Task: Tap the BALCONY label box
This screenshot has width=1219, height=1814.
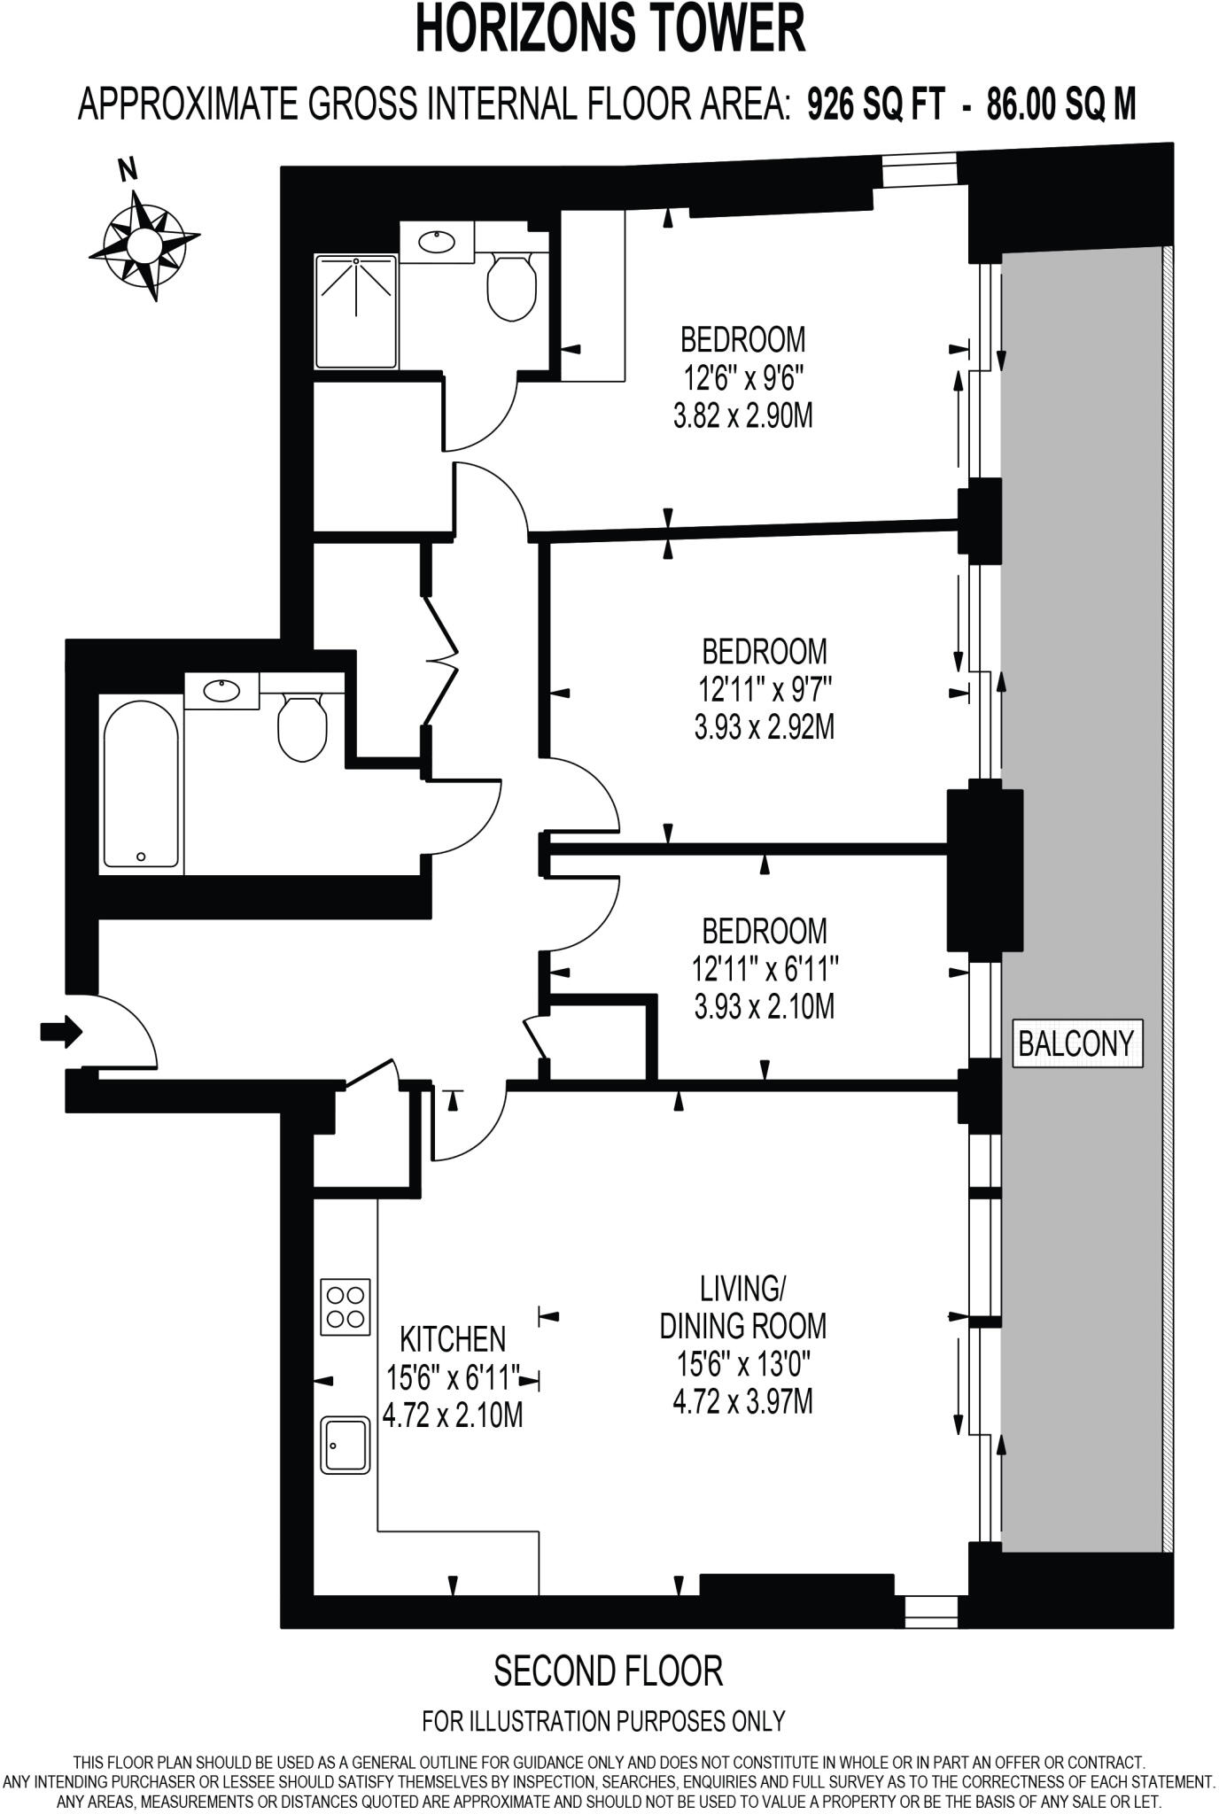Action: pyautogui.click(x=1076, y=1043)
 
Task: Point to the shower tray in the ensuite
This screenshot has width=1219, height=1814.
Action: pyautogui.click(x=356, y=312)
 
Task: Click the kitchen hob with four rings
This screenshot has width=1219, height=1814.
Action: pyautogui.click(x=346, y=1306)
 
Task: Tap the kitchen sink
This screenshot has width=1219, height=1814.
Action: pyautogui.click(x=346, y=1446)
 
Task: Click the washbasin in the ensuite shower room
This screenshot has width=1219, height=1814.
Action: pyautogui.click(x=436, y=241)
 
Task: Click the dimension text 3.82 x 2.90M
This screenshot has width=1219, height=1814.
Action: pyautogui.click(x=742, y=416)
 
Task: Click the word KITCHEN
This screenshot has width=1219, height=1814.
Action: pyautogui.click(x=453, y=1338)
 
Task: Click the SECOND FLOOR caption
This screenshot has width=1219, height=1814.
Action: pyautogui.click(x=609, y=1671)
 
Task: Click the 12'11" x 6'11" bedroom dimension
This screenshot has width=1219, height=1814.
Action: pyautogui.click(x=765, y=969)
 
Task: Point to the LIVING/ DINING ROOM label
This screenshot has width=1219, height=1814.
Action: pyautogui.click(x=742, y=1306)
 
